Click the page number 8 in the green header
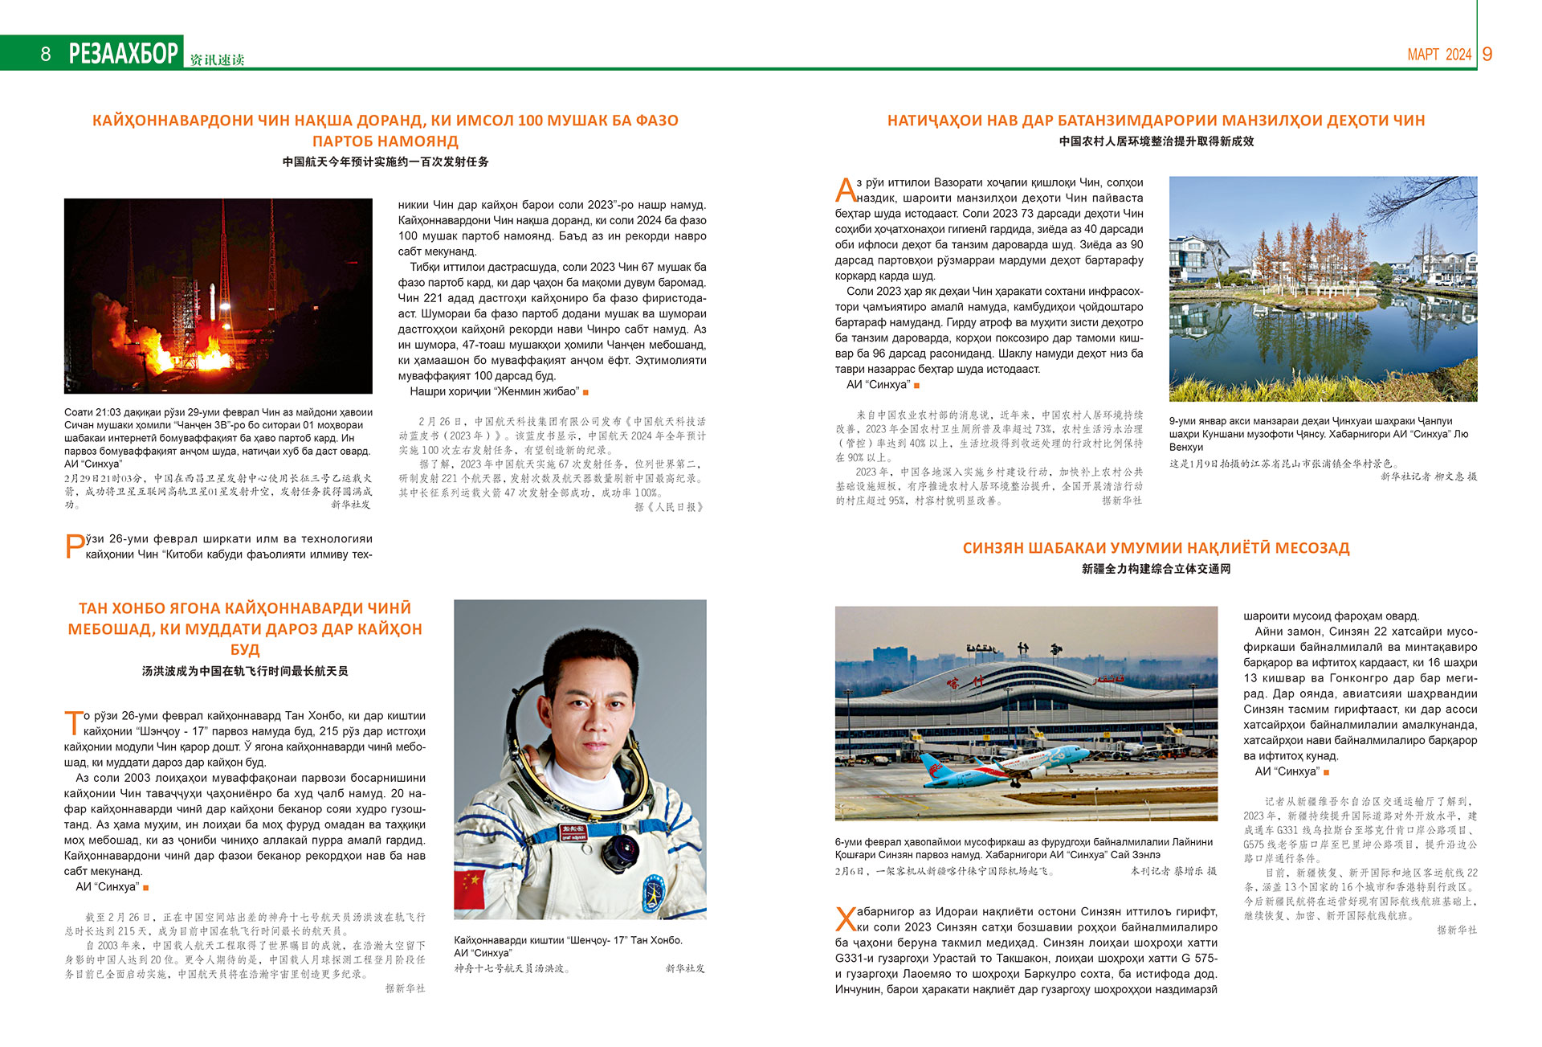click(x=46, y=54)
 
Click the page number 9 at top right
click(x=1487, y=54)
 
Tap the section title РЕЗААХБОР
click(x=124, y=54)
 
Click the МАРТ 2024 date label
click(x=1439, y=55)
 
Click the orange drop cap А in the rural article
click(x=845, y=191)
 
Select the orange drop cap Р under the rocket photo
click(x=74, y=547)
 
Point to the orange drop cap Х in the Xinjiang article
click(x=846, y=919)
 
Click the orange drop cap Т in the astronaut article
click(x=73, y=723)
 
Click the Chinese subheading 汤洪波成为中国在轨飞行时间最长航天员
click(x=245, y=671)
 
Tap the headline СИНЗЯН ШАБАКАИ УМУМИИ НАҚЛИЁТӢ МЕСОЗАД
click(x=1156, y=548)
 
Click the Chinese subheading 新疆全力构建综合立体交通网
click(x=1156, y=569)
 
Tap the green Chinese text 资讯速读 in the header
click(x=217, y=59)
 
